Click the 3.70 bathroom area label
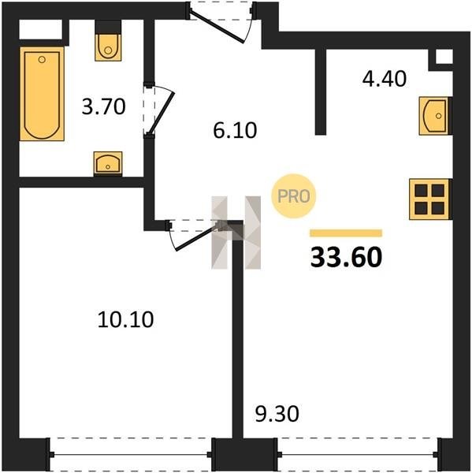[x=103, y=106]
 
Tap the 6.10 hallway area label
[x=235, y=130]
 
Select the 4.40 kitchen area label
[x=385, y=79]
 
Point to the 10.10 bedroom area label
[x=126, y=319]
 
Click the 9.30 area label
[x=277, y=414]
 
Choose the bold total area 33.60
[x=346, y=257]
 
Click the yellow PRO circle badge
[x=293, y=196]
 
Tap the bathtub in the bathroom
[x=42, y=94]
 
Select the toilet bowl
[x=108, y=47]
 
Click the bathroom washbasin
[x=108, y=163]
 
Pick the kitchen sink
[x=435, y=116]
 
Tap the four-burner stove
[x=429, y=199]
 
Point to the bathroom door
[x=159, y=110]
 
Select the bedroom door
[x=194, y=235]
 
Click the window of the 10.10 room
[x=131, y=454]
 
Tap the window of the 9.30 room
[x=357, y=454]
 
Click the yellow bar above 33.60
[x=346, y=233]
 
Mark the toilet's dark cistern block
[x=108, y=27]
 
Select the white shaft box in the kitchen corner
[x=444, y=57]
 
